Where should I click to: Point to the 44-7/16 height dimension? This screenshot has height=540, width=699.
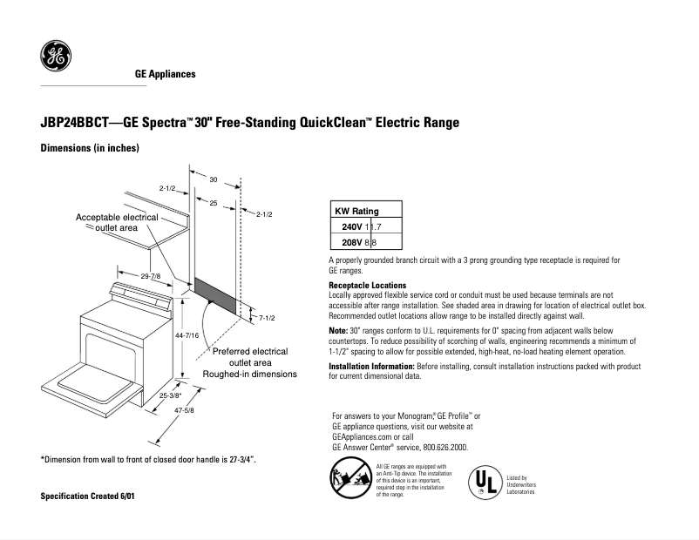coord(187,335)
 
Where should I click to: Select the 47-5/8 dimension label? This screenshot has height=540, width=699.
coord(183,410)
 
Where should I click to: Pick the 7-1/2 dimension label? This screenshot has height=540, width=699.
coord(268,318)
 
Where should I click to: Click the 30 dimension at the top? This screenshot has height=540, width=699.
coord(213,179)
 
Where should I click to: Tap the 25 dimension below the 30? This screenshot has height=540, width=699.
coord(213,202)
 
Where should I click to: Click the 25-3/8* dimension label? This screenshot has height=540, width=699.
coord(171,395)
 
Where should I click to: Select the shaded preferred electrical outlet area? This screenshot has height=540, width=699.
coord(214,296)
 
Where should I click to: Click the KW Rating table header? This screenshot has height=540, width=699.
coord(356,211)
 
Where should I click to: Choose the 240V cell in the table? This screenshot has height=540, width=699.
coord(351,226)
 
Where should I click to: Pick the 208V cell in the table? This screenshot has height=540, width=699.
coord(351,242)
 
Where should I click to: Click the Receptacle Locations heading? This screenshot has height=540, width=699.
coord(367,285)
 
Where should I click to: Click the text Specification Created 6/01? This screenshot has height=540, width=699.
coord(88,496)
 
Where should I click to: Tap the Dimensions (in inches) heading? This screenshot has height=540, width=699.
coord(90,149)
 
